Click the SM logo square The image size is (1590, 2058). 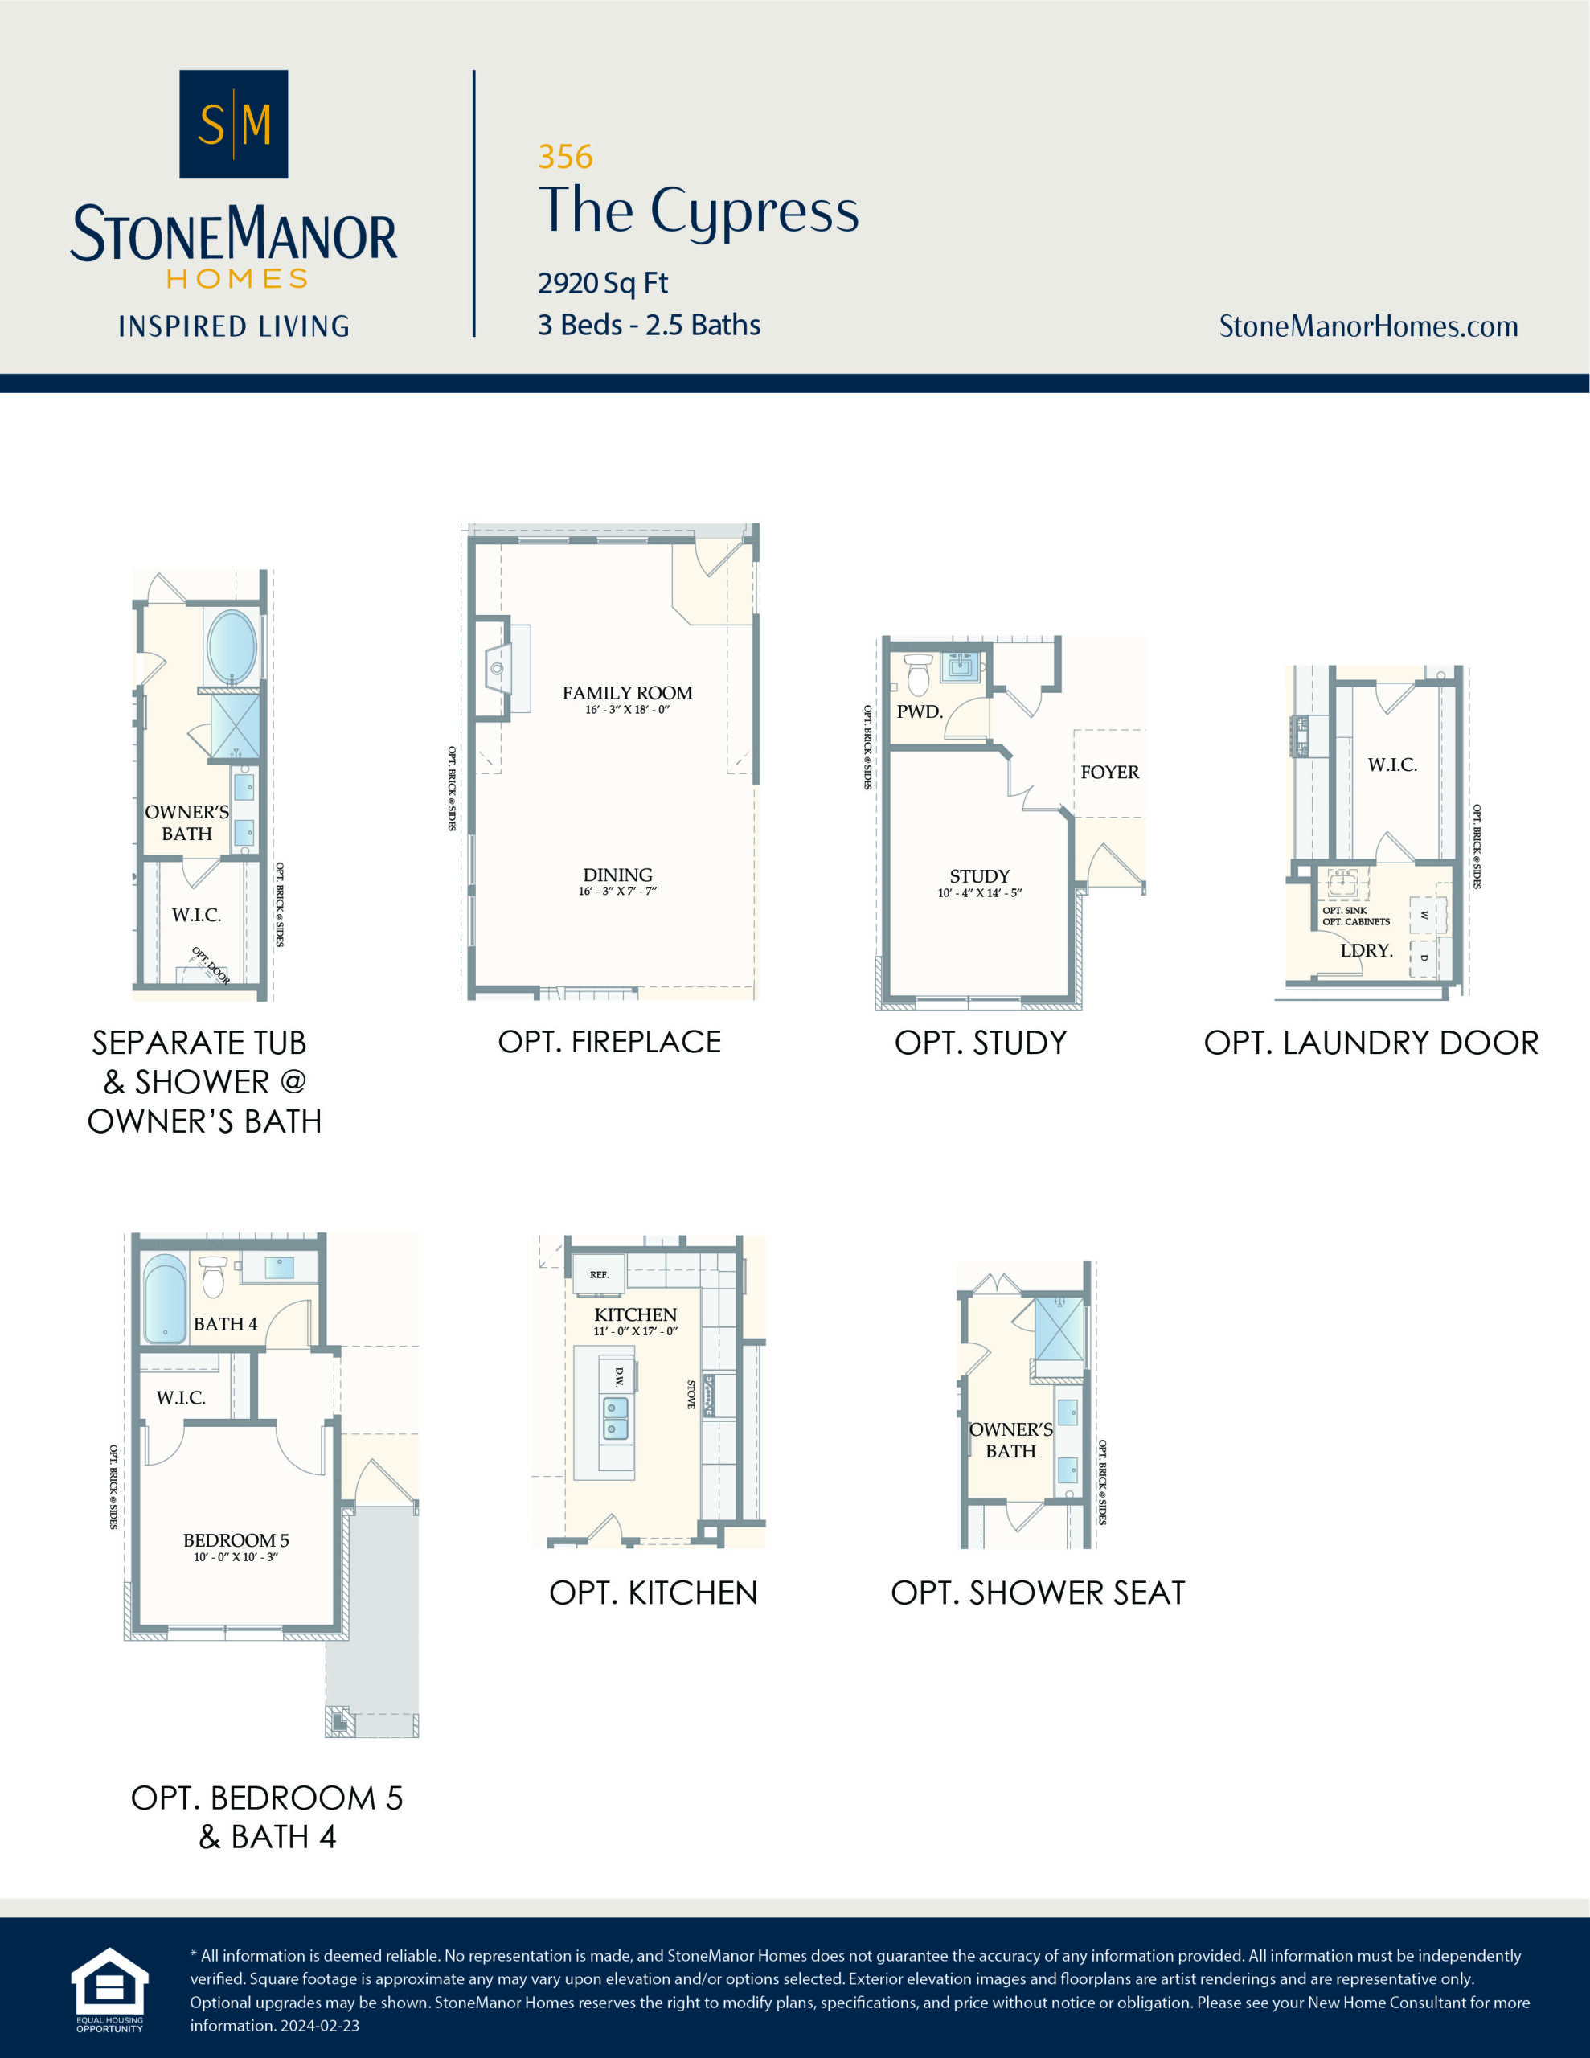pos(234,124)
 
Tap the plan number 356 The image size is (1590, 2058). pos(565,157)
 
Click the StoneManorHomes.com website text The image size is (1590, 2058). pos(1367,326)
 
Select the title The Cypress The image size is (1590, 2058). pos(699,210)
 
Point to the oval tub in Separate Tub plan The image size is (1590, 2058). pos(232,646)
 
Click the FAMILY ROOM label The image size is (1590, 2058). pos(627,693)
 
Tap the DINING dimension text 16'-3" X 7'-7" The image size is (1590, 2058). pos(617,892)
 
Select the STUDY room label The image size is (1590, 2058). pos(979,875)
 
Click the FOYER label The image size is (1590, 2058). pos(1109,772)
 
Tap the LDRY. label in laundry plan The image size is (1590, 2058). pos(1366,950)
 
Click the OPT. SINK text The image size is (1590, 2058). pos(1344,910)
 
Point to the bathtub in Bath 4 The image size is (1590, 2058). pos(165,1298)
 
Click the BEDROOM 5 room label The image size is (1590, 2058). pos(236,1539)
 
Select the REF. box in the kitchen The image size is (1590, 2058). pos(600,1274)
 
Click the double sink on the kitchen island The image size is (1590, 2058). pos(614,1418)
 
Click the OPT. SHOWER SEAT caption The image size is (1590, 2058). pos(1038,1593)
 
